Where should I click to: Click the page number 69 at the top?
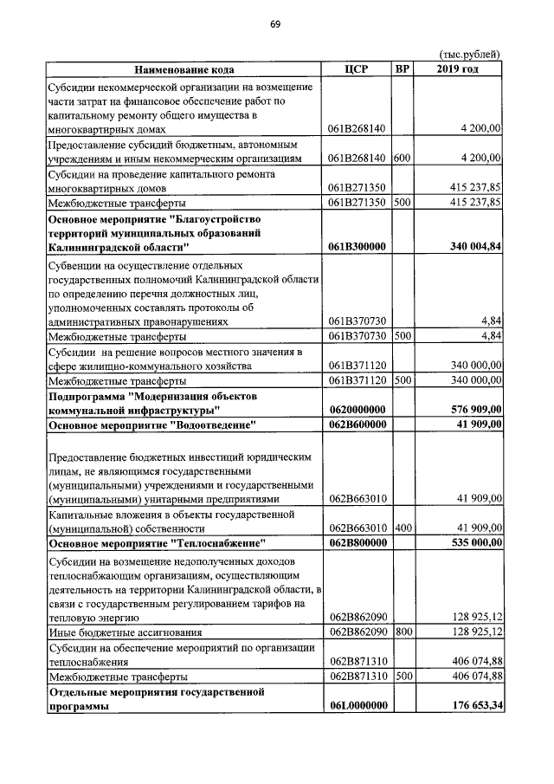pos(274,23)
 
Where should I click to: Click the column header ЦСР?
pos(357,69)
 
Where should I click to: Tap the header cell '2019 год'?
pos(458,69)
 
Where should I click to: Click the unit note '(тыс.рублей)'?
pos(471,54)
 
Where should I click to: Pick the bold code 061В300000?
pos(357,247)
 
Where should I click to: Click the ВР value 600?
pos(402,158)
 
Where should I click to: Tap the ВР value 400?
pos(402,527)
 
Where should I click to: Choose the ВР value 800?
pos(402,632)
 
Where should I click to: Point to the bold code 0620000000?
pos(357,409)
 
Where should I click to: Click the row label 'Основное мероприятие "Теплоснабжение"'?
pos(156,542)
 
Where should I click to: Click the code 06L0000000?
pos(357,707)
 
